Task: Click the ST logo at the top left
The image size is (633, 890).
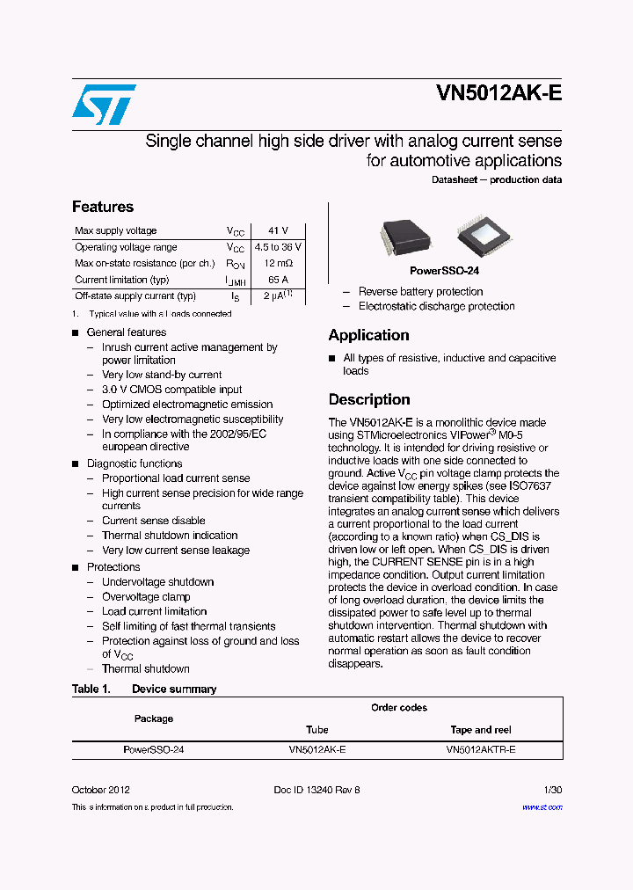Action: (104, 105)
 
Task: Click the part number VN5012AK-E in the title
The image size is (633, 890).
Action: (498, 96)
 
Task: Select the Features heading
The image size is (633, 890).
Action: (103, 207)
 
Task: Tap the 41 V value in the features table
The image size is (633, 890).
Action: (278, 230)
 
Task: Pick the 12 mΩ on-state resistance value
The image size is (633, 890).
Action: (278, 264)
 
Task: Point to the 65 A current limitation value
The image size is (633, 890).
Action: (278, 280)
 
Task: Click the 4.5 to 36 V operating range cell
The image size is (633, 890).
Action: (278, 247)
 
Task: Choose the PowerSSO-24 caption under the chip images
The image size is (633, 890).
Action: (444, 271)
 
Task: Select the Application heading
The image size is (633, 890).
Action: (368, 335)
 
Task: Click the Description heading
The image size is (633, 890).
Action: (369, 399)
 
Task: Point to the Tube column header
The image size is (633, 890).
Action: (317, 730)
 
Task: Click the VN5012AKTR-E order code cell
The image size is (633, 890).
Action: (481, 750)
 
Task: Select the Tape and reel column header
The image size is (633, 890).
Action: (481, 730)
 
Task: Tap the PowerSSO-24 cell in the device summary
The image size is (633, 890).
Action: (154, 750)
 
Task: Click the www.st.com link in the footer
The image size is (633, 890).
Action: (542, 806)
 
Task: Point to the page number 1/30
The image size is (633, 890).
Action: (553, 790)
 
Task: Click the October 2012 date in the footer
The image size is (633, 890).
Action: (101, 790)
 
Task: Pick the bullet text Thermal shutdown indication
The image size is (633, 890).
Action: (170, 535)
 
